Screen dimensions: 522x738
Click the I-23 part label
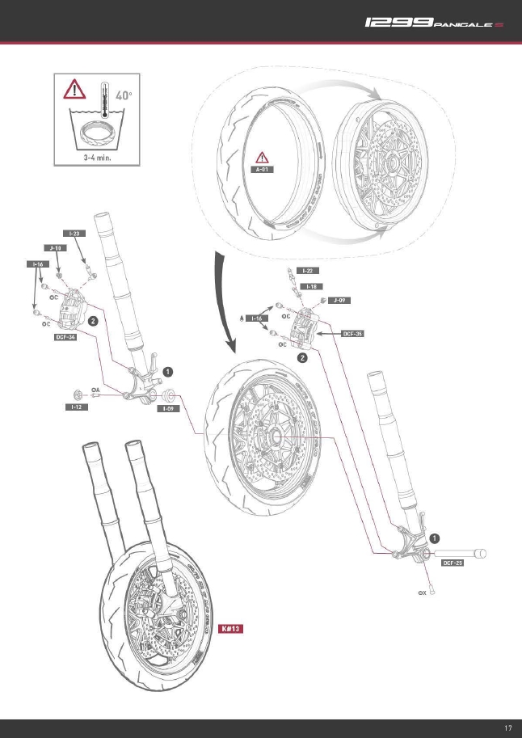75,233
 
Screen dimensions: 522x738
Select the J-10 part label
54,248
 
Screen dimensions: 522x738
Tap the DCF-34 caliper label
65,338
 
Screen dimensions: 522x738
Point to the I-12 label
75,408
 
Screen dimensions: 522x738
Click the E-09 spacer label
167,408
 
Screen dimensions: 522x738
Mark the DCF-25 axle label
452,563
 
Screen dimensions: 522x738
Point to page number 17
507,728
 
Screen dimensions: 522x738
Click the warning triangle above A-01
263,157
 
